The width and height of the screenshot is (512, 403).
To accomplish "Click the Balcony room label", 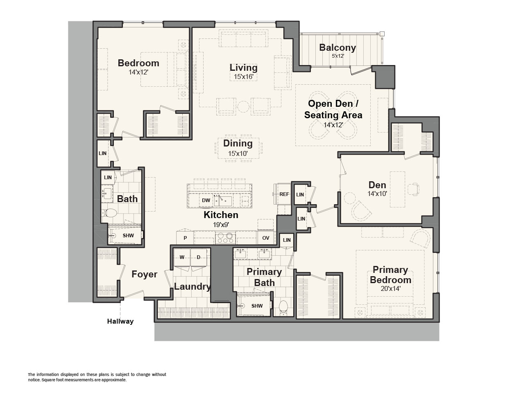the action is (x=338, y=47).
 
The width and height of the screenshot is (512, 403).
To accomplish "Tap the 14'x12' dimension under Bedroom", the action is (x=138, y=72).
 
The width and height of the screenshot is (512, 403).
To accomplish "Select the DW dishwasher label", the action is (x=206, y=200).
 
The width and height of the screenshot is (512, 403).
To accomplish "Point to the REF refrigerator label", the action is (x=284, y=194).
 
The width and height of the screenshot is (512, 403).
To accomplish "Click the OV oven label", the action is (x=265, y=238).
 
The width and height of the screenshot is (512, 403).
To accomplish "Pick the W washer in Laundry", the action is (x=182, y=257).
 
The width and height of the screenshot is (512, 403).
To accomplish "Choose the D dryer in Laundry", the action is (x=198, y=257).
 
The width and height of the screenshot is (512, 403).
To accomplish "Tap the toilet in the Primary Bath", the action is (x=283, y=308).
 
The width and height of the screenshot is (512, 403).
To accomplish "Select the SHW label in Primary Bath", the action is (x=257, y=306).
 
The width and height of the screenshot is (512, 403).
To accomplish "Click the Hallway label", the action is (x=120, y=321).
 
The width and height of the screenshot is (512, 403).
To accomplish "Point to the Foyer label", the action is (x=144, y=274).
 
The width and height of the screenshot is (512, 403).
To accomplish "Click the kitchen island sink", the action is (x=223, y=201).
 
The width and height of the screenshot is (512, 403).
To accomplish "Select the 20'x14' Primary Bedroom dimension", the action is (x=390, y=288).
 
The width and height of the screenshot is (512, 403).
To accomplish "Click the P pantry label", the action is (x=185, y=238).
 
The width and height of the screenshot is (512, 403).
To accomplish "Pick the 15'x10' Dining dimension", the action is (x=238, y=153).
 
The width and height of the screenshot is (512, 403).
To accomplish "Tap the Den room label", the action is (x=377, y=185).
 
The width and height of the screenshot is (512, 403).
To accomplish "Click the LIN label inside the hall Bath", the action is (x=108, y=177).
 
